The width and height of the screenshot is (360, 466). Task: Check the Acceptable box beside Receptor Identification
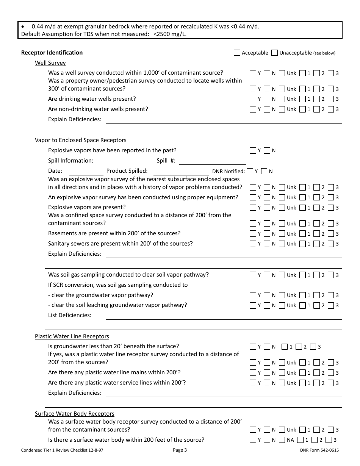pos(237,53)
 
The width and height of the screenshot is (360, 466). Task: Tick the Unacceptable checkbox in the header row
pos(275,53)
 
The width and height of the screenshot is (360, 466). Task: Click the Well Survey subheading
pos(50,63)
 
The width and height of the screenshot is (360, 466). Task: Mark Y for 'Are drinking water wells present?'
pos(253,99)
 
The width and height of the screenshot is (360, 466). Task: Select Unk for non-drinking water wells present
pos(282,109)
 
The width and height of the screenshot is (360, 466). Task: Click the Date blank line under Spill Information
pos(86,172)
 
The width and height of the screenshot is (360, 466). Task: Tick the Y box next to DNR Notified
pos(250,171)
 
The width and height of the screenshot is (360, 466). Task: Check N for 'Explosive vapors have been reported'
pos(267,150)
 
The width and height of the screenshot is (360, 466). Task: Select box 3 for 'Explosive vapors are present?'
pos(331,208)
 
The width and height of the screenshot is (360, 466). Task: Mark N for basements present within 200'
pos(267,234)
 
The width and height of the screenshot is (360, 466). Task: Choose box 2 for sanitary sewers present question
pos(317,244)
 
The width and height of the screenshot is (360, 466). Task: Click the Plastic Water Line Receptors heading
pos(72,336)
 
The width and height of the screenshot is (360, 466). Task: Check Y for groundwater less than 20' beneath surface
pos(253,346)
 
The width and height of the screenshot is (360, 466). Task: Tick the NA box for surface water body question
pos(282,440)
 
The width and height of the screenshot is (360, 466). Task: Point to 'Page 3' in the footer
pos(180,450)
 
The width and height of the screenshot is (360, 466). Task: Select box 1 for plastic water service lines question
pos(302,383)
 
